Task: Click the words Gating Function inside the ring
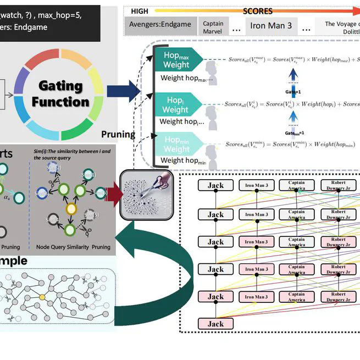pos(60,94)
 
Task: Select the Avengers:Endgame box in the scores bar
pos(160,24)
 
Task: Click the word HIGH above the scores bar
pos(139,11)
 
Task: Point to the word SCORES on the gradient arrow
pos(258,11)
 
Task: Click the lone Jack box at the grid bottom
pos(215,324)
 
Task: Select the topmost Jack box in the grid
pos(215,186)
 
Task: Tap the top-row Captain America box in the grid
pos(296,186)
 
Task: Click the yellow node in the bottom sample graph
pos(41,297)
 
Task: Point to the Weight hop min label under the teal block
pos(183,160)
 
